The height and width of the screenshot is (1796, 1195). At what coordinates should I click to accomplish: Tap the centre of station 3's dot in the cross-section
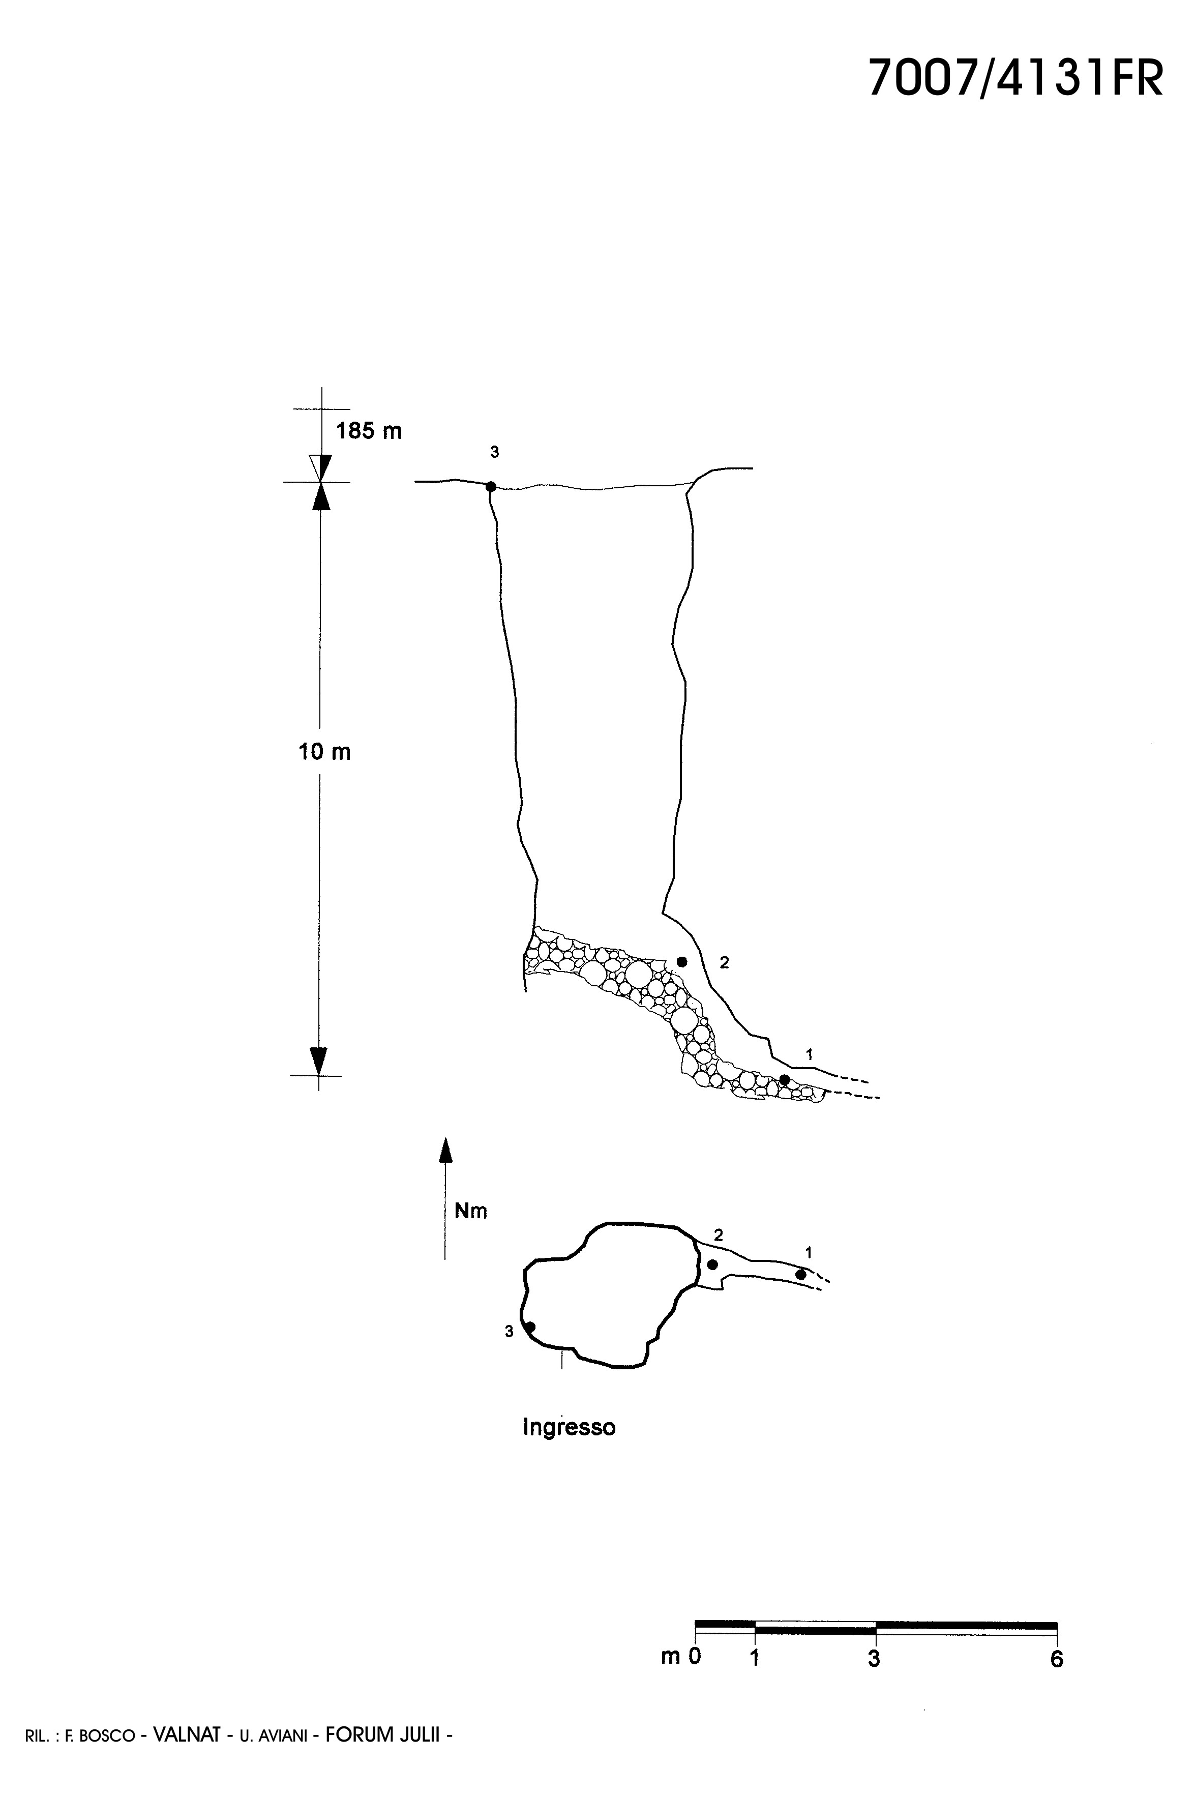coord(491,486)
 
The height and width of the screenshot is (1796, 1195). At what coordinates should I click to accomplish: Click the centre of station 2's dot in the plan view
coord(712,1264)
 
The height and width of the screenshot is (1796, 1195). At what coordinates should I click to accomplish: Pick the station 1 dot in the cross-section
coord(784,1079)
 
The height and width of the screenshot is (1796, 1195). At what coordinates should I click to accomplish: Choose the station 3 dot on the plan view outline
coord(530,1327)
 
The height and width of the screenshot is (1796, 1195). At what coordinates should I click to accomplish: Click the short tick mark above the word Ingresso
coord(562,1359)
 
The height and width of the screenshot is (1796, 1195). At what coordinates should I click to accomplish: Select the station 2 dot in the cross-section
coord(682,961)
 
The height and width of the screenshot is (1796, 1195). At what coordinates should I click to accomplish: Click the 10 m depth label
coord(324,752)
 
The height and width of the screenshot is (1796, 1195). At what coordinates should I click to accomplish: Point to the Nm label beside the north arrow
coord(471,1211)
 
